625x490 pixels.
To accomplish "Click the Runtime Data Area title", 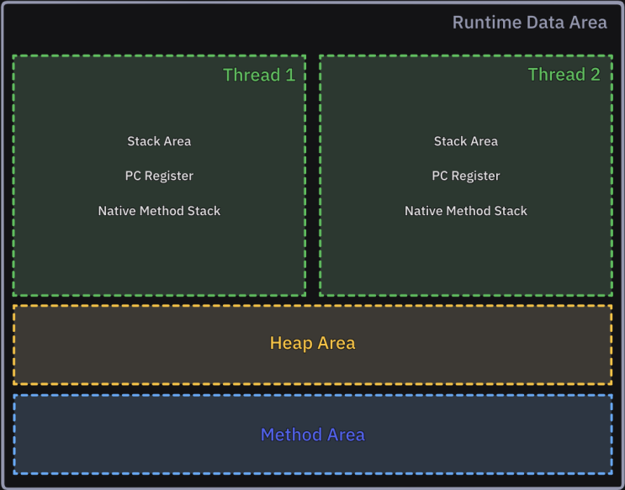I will click(x=529, y=23).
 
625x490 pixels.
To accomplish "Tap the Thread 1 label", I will click(x=259, y=75).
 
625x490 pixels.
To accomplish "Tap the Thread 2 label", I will click(x=564, y=75).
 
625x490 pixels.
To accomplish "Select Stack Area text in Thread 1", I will click(x=159, y=141).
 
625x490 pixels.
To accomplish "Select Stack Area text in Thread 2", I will click(x=466, y=141).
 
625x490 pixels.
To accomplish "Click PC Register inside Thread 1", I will click(x=159, y=176).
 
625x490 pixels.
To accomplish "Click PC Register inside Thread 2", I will click(x=466, y=176).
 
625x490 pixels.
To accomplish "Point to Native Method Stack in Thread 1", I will click(x=159, y=211).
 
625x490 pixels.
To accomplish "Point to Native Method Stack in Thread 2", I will click(x=466, y=211).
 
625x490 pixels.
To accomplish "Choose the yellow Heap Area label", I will click(x=312, y=343).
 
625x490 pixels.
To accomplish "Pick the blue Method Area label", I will click(x=312, y=435).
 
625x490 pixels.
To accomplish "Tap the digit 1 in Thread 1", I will click(x=290, y=75).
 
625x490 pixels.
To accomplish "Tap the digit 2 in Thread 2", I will click(x=595, y=75).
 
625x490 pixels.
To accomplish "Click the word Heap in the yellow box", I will click(x=289, y=343).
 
